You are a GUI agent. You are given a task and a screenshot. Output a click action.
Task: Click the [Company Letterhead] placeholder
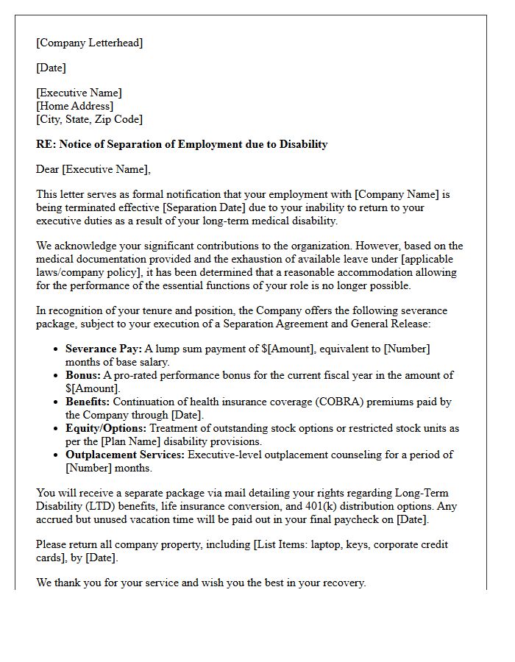point(89,43)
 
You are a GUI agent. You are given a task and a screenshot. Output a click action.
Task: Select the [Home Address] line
point(74,106)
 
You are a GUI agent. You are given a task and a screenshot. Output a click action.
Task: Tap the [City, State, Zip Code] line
point(89,118)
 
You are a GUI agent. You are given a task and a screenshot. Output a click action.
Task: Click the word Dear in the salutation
point(48,169)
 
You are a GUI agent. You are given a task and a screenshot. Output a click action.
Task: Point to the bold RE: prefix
point(46,144)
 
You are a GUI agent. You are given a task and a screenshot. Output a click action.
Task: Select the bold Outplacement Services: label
point(125,455)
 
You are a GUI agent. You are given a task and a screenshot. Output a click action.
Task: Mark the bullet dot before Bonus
point(57,375)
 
